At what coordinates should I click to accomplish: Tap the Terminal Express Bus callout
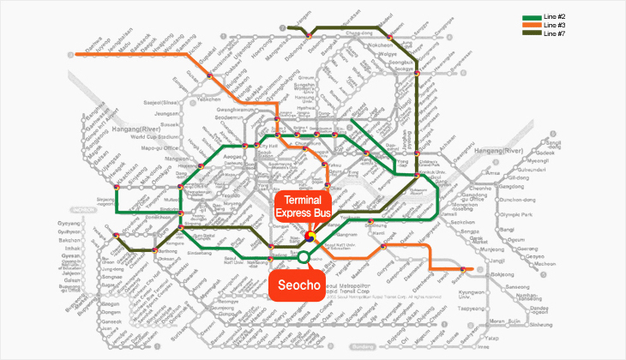(302, 207)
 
